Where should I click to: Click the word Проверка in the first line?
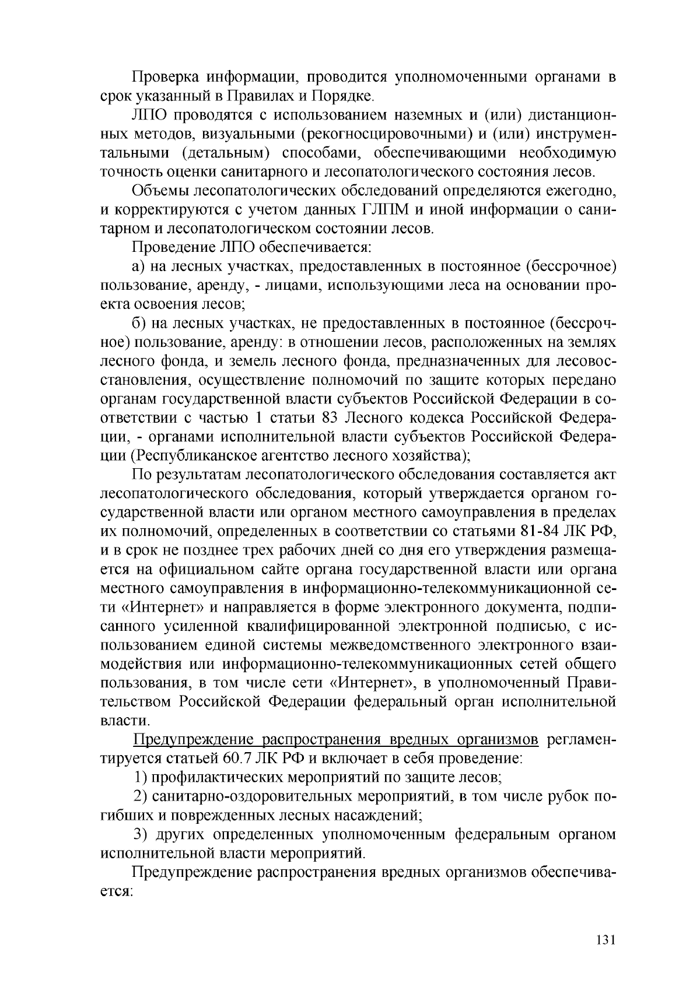click(160, 78)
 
